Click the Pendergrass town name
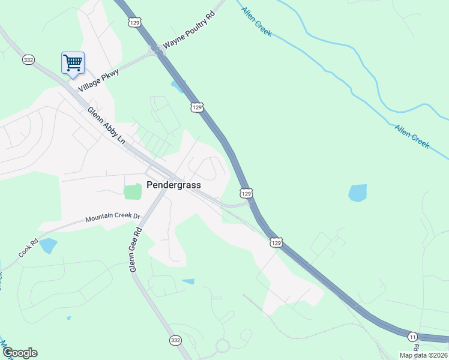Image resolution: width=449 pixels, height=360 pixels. tap(173, 185)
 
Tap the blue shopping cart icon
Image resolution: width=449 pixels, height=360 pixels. tap(73, 62)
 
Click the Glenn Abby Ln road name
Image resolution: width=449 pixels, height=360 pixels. tap(106, 125)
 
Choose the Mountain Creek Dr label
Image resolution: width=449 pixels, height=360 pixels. tap(112, 217)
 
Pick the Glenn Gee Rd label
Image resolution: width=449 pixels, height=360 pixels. tap(136, 250)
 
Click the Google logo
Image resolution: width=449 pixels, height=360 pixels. tap(20, 353)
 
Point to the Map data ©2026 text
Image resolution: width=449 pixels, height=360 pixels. tap(424, 355)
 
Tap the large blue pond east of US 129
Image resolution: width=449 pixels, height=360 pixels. tap(357, 193)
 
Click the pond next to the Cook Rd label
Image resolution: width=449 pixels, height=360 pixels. tap(47, 245)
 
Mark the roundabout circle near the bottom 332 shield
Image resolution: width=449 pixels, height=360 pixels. tap(223, 346)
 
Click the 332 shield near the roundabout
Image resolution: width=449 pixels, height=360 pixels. tap(175, 340)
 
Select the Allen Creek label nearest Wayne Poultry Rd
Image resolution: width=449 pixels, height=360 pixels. tap(256, 22)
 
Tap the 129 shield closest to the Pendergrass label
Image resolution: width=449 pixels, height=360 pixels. tap(246, 193)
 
